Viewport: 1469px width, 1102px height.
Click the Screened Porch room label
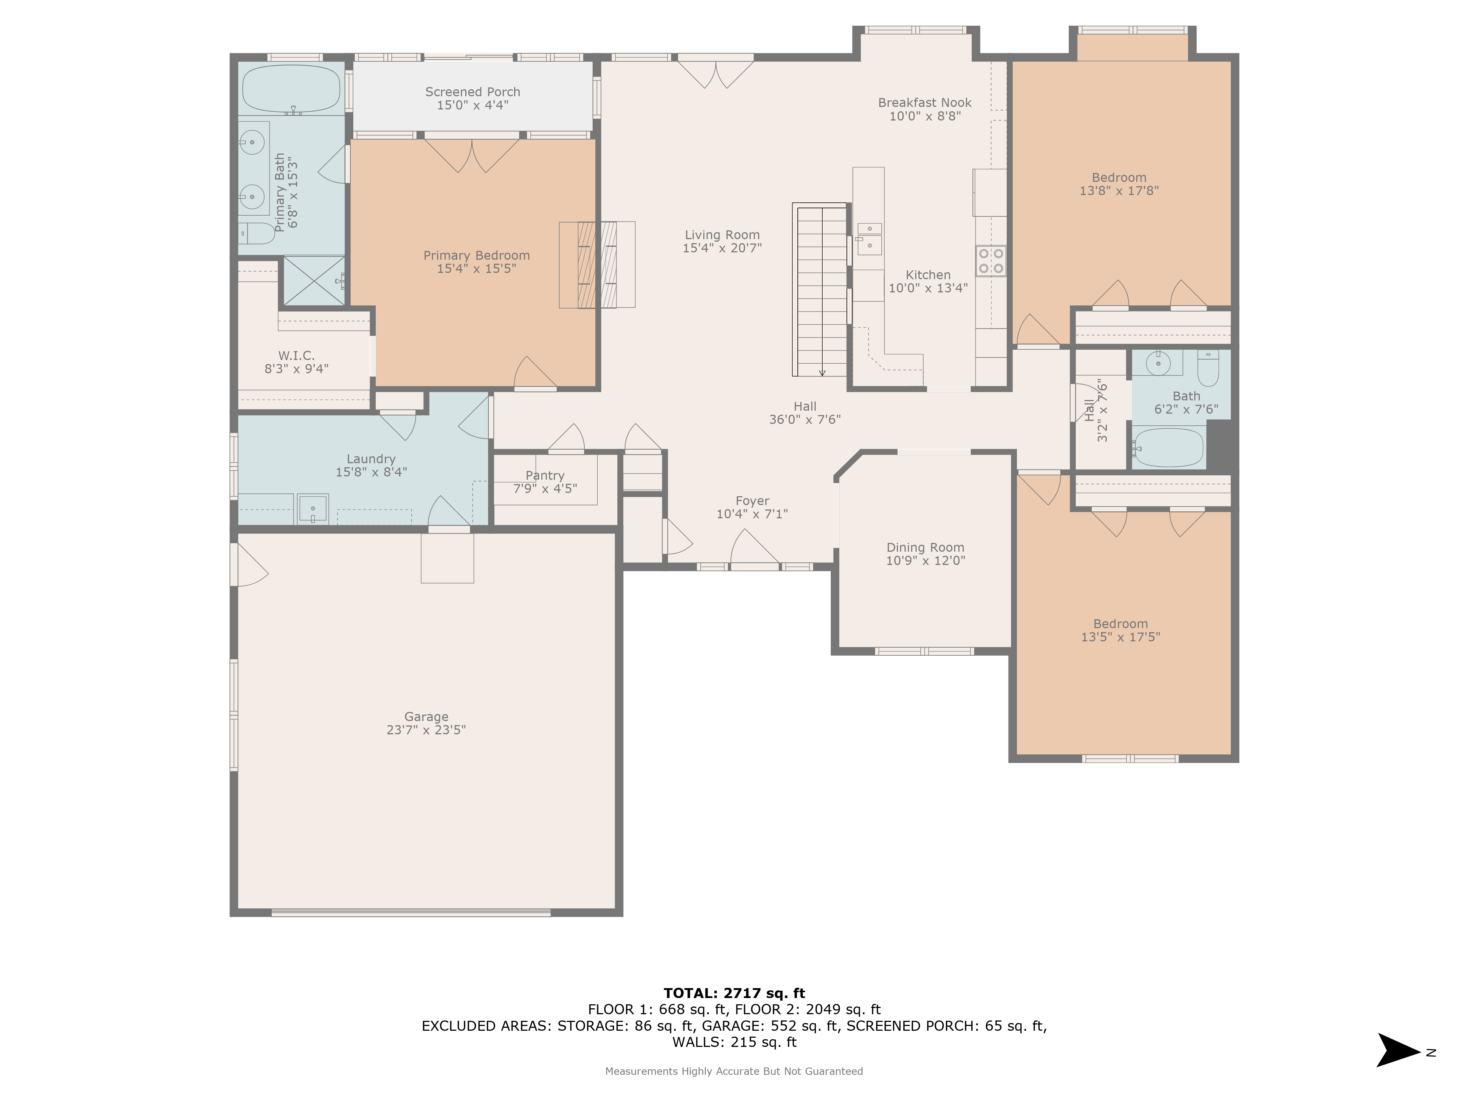(x=472, y=92)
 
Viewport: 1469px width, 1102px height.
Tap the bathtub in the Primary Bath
(x=291, y=89)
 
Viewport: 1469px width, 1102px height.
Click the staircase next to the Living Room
(x=822, y=290)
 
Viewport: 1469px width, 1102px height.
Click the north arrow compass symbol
(x=1398, y=1050)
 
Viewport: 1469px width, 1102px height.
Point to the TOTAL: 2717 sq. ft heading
(x=734, y=993)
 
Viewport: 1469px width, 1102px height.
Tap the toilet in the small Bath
(x=1208, y=369)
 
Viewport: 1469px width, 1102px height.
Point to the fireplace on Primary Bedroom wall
(x=597, y=264)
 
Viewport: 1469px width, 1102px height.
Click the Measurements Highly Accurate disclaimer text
(x=734, y=1071)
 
